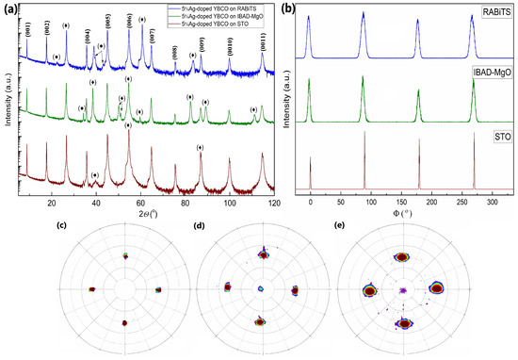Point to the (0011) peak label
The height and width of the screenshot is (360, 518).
coord(262,37)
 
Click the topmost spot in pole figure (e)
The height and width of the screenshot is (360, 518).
coord(402,255)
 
